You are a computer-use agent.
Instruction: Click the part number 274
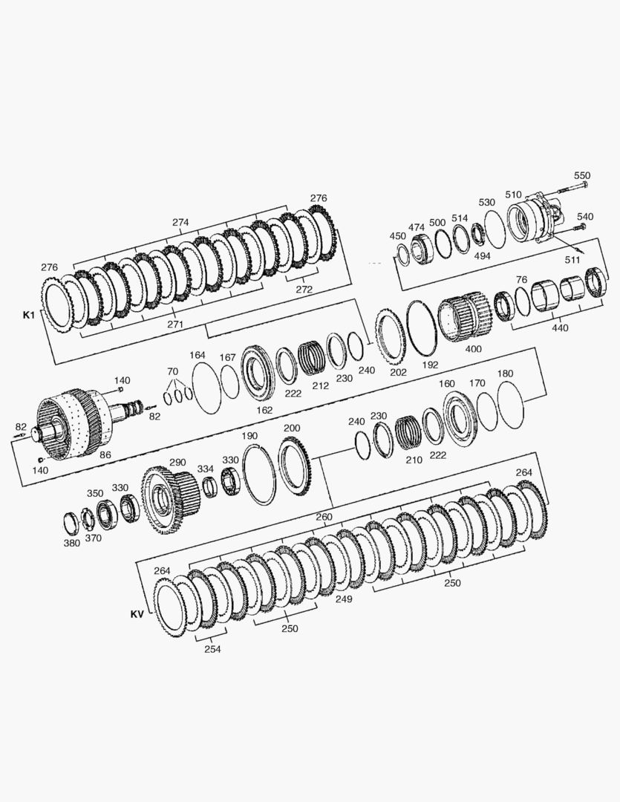coord(180,222)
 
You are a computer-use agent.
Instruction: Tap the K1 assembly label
coord(29,315)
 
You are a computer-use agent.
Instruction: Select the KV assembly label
coord(137,614)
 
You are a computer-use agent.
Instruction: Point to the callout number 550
coord(582,176)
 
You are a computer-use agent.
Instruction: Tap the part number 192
coord(430,365)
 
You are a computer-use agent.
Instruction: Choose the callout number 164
coord(198,356)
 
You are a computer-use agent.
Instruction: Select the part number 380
coord(71,542)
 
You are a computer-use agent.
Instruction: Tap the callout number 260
coord(324,517)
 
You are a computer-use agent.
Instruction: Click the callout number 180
coord(506,374)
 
